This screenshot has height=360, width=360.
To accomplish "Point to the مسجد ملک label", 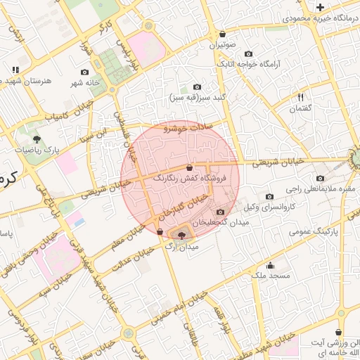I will click(x=271, y=276).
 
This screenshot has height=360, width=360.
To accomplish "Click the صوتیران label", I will click(x=223, y=44).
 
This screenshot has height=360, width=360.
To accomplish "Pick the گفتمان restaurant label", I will click(x=300, y=108).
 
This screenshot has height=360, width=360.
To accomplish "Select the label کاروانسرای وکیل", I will click(x=269, y=207).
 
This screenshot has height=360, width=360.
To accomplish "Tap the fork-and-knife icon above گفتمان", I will click(x=300, y=97).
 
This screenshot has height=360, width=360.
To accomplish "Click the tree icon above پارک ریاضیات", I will click(x=36, y=139).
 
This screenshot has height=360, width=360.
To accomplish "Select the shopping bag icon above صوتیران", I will click(x=223, y=34).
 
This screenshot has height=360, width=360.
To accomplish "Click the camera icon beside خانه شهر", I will click(x=85, y=72).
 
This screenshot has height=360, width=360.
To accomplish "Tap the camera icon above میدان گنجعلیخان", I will click(x=221, y=212).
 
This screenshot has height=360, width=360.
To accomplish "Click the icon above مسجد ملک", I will click(x=271, y=265).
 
